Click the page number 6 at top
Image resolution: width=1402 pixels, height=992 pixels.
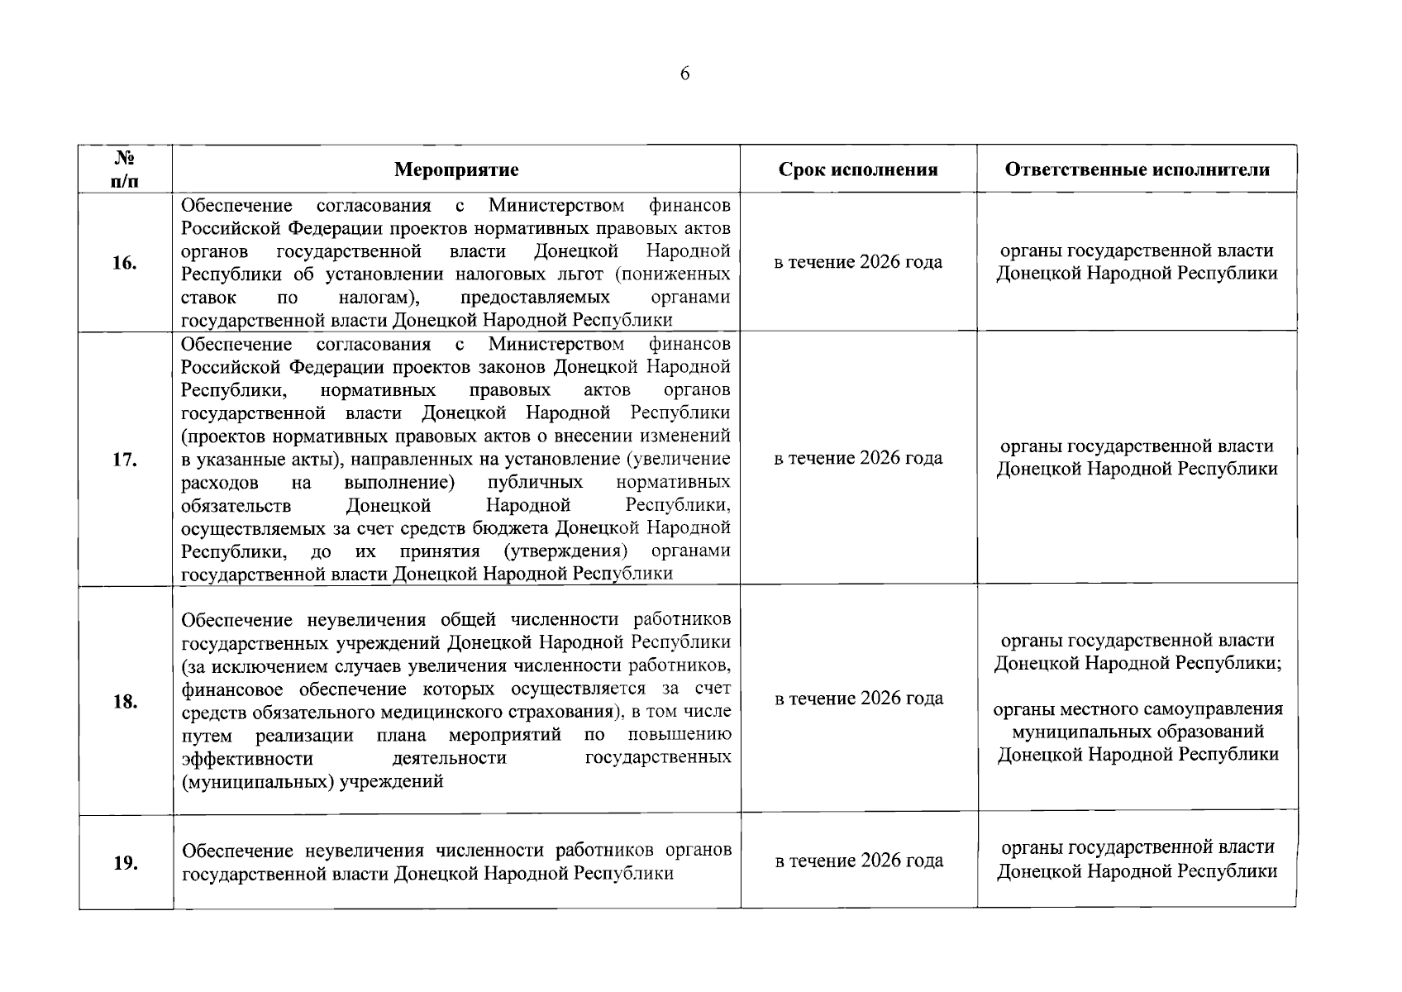tap(684, 74)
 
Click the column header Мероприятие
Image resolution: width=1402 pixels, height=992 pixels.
tap(456, 170)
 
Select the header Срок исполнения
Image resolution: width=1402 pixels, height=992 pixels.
tap(858, 170)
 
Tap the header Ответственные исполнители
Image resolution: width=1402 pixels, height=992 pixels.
tap(1137, 170)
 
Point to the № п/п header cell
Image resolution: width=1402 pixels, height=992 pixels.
tap(125, 169)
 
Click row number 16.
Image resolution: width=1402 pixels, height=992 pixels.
tap(125, 264)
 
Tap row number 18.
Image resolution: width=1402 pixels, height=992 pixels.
tap(125, 702)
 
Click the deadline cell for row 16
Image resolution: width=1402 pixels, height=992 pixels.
tap(858, 263)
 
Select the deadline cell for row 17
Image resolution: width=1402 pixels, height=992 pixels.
tap(858, 459)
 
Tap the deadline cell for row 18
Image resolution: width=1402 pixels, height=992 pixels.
tap(858, 699)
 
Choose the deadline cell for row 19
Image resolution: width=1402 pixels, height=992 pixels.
tap(858, 861)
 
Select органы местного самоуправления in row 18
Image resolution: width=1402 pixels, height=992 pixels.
tap(1137, 709)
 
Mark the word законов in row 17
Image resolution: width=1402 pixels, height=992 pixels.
tap(513, 366)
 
